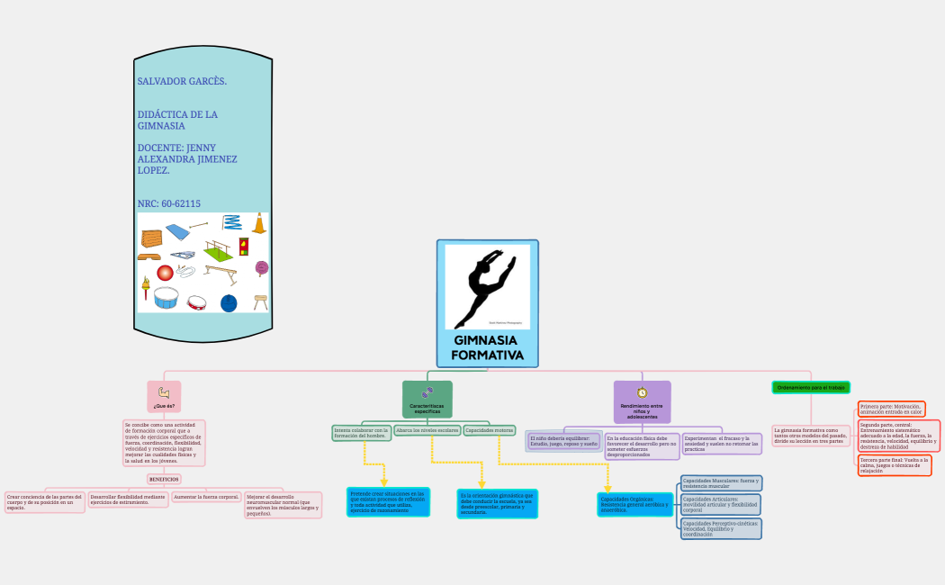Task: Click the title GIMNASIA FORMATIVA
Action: pyautogui.click(x=487, y=348)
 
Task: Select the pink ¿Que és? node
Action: pyautogui.click(x=164, y=396)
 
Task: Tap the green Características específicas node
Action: pyautogui.click(x=427, y=399)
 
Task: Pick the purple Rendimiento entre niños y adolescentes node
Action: pyautogui.click(x=642, y=400)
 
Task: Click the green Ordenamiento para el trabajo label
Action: pyautogui.click(x=811, y=387)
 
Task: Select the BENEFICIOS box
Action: pyautogui.click(x=164, y=480)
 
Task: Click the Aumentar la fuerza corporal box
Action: pyautogui.click(x=207, y=497)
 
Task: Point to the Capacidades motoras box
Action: pyautogui.click(x=490, y=431)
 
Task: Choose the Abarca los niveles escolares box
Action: pyautogui.click(x=427, y=431)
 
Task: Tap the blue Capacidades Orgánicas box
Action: pyautogui.click(x=634, y=504)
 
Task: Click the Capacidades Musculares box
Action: pyautogui.click(x=721, y=483)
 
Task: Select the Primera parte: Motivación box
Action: pyautogui.click(x=891, y=409)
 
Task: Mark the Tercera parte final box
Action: pyautogui.click(x=894, y=464)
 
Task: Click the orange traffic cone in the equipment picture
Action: pyautogui.click(x=259, y=222)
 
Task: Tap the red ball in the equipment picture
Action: pyautogui.click(x=164, y=272)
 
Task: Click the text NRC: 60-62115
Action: pyautogui.click(x=169, y=204)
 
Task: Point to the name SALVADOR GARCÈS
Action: pyautogui.click(x=182, y=82)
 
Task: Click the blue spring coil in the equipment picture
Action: pyautogui.click(x=231, y=221)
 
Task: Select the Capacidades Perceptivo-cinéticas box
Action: pyautogui.click(x=721, y=528)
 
